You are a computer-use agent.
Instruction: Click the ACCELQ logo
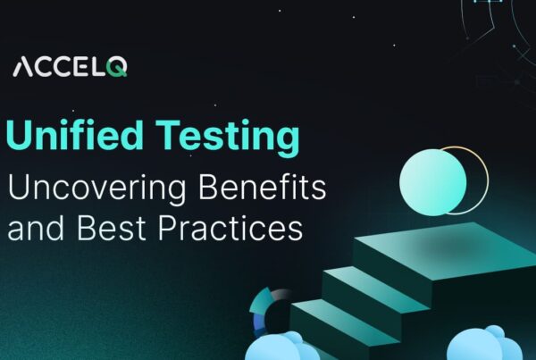click(x=71, y=68)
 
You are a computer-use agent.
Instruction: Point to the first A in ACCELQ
click(x=26, y=68)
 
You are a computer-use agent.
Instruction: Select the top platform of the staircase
click(x=447, y=246)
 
